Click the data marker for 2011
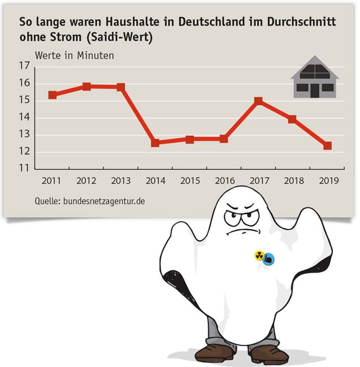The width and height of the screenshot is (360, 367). click(53, 95)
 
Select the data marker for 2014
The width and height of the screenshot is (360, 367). click(155, 143)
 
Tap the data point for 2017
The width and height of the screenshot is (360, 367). click(258, 101)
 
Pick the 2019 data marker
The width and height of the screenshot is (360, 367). click(327, 146)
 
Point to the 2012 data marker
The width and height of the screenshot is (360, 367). click(87, 87)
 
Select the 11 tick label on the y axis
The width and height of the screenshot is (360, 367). click(24, 169)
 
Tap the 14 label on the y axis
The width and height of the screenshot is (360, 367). click(24, 118)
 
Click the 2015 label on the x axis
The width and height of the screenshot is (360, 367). click(190, 181)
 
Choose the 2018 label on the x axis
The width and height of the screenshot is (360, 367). click(293, 181)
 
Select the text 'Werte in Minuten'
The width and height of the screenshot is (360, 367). click(74, 55)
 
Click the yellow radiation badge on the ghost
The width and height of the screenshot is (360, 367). click(260, 256)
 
